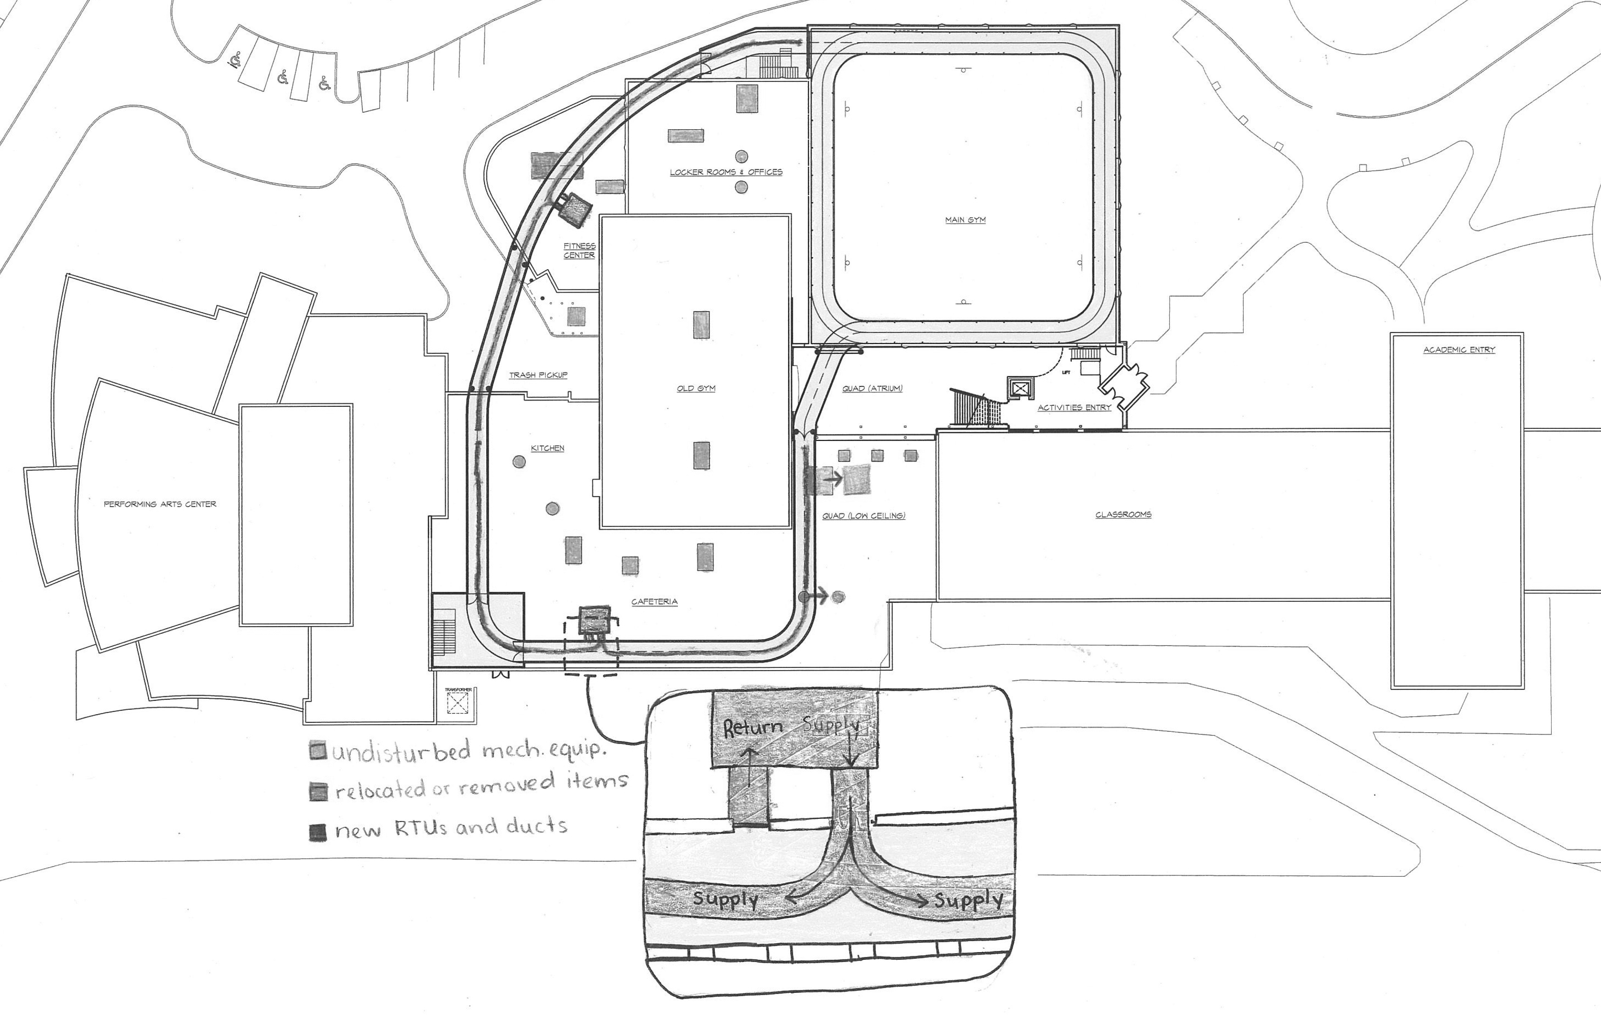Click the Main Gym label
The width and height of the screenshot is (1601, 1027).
(965, 220)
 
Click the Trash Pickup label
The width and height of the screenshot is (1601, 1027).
(538, 375)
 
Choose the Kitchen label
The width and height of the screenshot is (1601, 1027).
(547, 448)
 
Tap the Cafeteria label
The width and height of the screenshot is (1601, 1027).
(654, 601)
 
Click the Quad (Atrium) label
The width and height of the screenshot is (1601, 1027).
(872, 388)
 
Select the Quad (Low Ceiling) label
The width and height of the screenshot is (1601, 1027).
(864, 516)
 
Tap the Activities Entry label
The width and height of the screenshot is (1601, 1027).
(1074, 408)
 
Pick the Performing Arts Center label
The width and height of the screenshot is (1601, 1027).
(160, 504)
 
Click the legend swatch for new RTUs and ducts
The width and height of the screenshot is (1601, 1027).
(318, 832)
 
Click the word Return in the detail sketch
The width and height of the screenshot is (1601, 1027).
(753, 728)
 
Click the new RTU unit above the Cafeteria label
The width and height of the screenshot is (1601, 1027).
(594, 620)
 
